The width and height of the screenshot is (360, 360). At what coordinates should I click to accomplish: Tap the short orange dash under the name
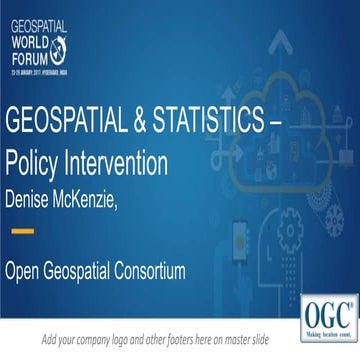click(x=20, y=231)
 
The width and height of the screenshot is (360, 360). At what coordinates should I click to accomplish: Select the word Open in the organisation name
click(x=29, y=271)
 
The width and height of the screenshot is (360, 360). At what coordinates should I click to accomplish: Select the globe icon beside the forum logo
click(x=67, y=45)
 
